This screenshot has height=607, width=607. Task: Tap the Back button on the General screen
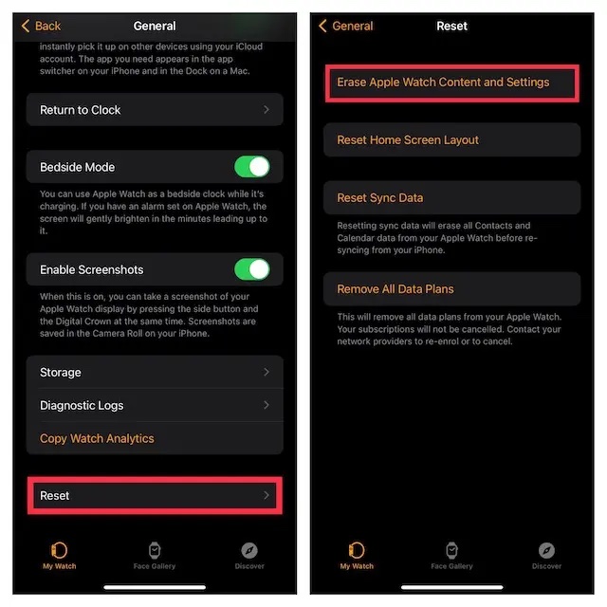coord(42,26)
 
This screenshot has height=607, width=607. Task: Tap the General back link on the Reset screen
coord(348,26)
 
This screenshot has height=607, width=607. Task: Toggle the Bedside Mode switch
coord(252,167)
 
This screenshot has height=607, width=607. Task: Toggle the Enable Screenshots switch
coord(252,269)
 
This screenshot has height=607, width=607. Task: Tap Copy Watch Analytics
coord(97,438)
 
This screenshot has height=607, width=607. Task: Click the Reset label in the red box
coord(55,495)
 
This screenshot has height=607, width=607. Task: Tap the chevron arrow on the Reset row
coord(267,495)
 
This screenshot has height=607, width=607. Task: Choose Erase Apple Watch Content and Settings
coord(443,83)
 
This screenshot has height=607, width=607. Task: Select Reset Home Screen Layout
coord(408,140)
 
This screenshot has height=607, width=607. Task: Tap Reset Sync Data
coord(380,198)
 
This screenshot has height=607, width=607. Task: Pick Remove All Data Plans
coord(395,289)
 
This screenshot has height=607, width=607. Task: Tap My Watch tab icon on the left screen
coord(59,550)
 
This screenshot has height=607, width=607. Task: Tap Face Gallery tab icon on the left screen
coord(155,550)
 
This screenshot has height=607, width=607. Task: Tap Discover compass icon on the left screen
coord(249,550)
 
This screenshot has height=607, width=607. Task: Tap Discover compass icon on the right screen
coord(546,550)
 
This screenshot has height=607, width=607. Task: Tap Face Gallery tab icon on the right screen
coord(451,550)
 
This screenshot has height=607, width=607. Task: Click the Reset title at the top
coord(451,26)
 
